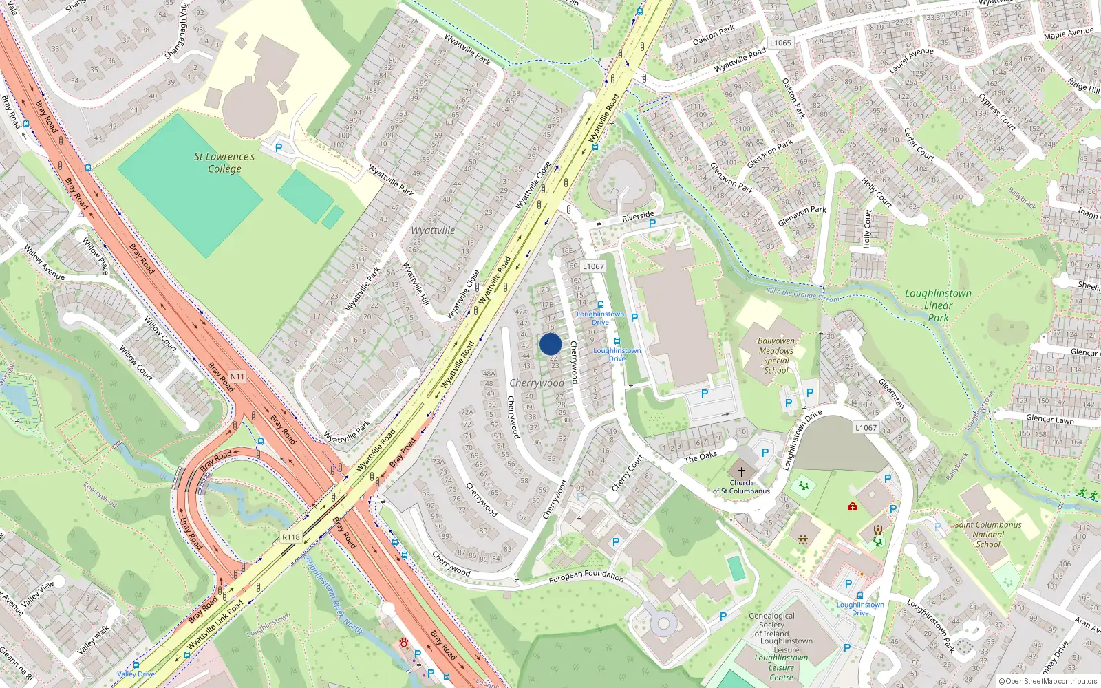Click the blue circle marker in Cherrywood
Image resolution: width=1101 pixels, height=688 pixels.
click(550, 344)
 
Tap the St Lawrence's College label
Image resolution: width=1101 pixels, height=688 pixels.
click(224, 162)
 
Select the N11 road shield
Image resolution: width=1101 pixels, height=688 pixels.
click(237, 376)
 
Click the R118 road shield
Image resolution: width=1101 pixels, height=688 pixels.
click(291, 537)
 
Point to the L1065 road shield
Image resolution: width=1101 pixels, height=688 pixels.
click(780, 43)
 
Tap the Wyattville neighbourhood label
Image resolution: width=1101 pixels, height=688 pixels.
click(433, 230)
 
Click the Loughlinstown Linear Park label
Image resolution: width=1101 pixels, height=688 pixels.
click(938, 305)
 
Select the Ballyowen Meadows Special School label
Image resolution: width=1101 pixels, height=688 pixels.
click(776, 355)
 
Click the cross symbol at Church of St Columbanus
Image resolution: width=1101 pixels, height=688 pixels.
click(741, 472)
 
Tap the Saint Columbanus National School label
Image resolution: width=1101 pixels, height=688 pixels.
click(987, 534)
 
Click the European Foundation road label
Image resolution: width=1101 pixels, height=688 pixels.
click(586, 577)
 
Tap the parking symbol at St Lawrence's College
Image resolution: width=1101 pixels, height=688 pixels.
click(279, 147)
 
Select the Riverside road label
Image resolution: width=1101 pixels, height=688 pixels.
click(638, 217)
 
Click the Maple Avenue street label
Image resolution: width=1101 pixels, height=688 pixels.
click(1068, 34)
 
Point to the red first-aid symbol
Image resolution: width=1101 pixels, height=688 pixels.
click(853, 506)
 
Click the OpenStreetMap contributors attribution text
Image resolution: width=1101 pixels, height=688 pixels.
click(1048, 681)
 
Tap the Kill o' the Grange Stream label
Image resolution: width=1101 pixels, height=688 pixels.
click(802, 294)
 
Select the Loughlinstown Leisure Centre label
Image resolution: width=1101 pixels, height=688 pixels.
click(781, 667)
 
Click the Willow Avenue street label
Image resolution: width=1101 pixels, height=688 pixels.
click(44, 263)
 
